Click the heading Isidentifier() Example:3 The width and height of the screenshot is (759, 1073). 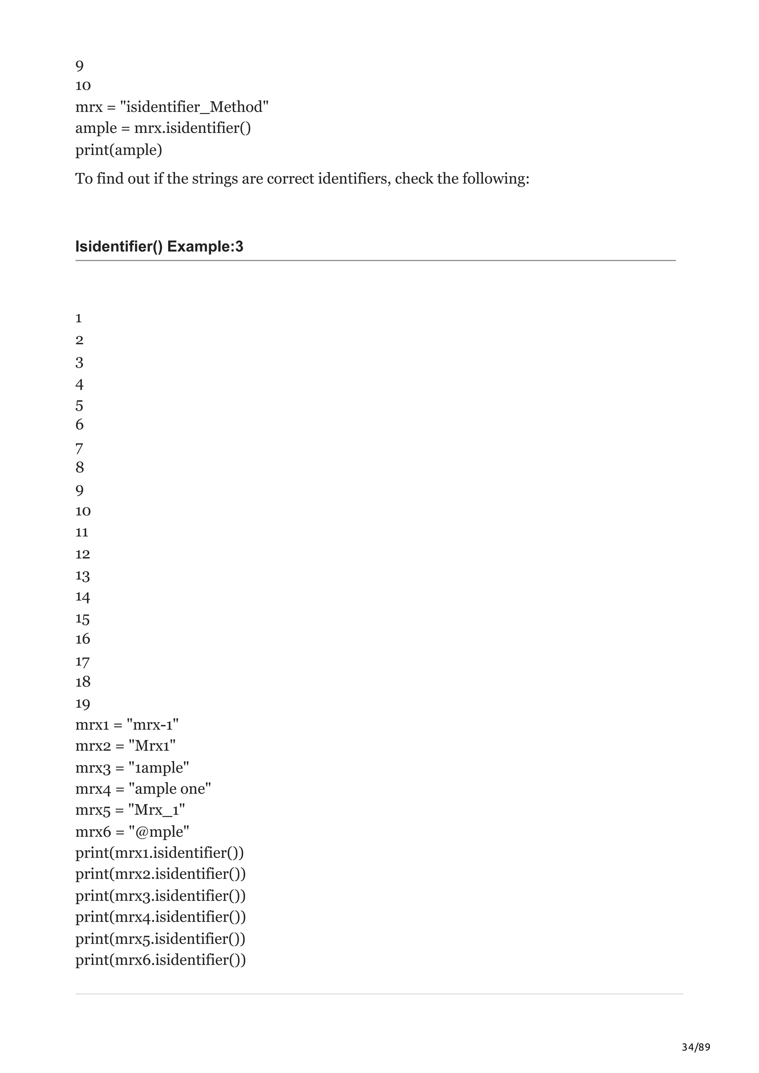point(159,246)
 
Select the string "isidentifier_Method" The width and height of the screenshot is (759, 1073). point(194,107)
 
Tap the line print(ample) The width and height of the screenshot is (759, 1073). point(119,150)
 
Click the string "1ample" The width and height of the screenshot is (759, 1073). point(159,768)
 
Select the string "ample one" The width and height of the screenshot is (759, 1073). point(170,789)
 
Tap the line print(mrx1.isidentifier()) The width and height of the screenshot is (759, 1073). point(159,853)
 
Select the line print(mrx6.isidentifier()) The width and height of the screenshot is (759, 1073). point(160,960)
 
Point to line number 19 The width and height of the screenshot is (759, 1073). point(83,703)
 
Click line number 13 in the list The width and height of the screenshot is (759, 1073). point(83,575)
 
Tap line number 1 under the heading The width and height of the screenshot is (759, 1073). point(79,318)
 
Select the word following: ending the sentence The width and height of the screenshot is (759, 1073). point(496,178)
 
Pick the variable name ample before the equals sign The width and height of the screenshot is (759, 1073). point(96,128)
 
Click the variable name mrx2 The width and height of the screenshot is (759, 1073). point(93,746)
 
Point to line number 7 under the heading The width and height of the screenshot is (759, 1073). point(79,449)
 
